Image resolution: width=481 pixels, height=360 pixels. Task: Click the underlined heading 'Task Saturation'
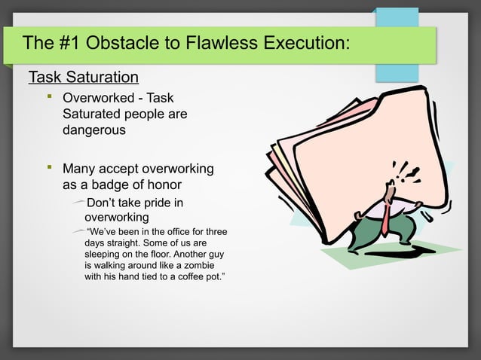click(83, 78)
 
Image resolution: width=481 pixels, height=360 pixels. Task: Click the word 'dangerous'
click(94, 130)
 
